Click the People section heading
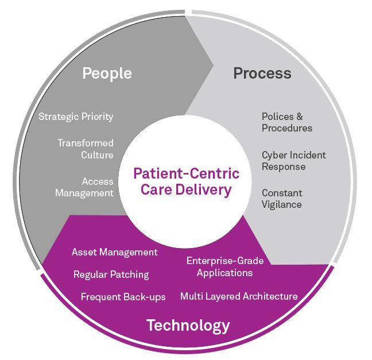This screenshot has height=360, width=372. point(107,73)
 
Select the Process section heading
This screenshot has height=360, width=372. point(262,73)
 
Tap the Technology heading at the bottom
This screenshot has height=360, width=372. point(188,326)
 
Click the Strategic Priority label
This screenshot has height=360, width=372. point(76,117)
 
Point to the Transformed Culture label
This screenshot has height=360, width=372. point(85,149)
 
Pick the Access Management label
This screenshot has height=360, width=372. point(84,187)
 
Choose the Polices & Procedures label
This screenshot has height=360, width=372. point(287,122)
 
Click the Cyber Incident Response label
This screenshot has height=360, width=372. point(293,160)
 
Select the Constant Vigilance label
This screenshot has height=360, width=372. point(282,198)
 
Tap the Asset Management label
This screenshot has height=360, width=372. point(114,252)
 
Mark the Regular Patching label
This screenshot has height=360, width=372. point(111,274)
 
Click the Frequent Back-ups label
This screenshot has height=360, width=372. point(123,297)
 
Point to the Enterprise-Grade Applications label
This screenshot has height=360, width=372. point(224,266)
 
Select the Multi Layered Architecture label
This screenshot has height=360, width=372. point(239,296)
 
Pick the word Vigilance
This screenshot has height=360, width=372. point(282,204)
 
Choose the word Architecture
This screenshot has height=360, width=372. point(272,296)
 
